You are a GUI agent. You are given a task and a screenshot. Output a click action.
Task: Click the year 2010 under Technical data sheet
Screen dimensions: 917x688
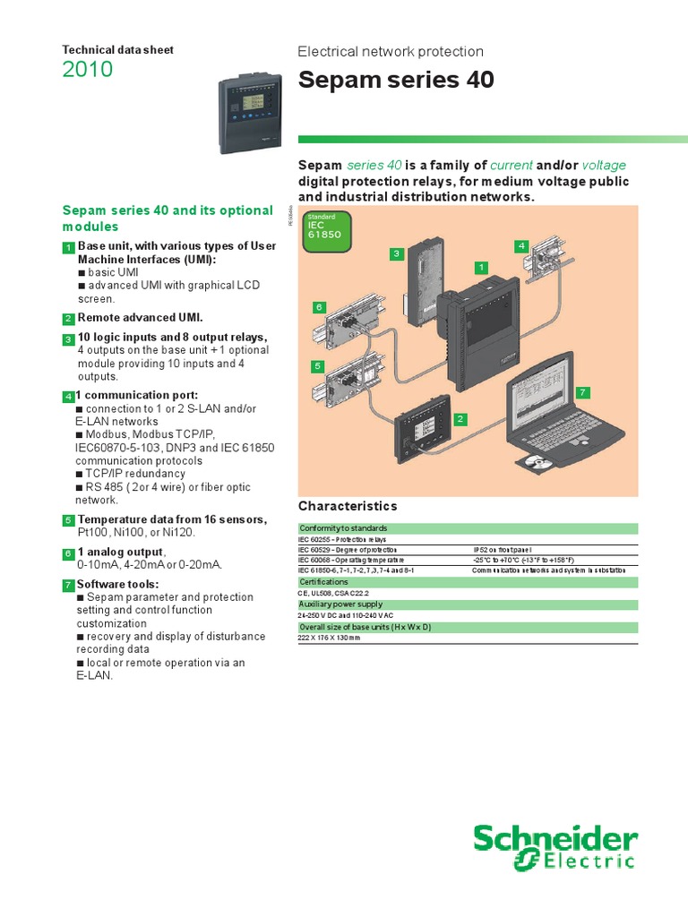click(x=88, y=70)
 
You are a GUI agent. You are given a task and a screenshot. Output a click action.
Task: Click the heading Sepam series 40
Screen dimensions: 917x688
click(x=395, y=81)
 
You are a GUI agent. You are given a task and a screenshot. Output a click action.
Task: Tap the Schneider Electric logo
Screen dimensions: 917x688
click(x=555, y=849)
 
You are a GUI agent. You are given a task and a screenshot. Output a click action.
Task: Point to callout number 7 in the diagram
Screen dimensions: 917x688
click(x=582, y=392)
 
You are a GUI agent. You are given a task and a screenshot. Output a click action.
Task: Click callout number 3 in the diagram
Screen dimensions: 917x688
click(x=395, y=255)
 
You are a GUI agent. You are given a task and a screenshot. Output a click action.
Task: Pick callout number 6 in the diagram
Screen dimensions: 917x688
click(x=317, y=307)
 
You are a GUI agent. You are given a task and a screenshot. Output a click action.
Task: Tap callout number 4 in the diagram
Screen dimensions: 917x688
click(x=521, y=245)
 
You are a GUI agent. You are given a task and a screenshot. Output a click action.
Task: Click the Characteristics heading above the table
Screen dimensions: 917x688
click(x=347, y=507)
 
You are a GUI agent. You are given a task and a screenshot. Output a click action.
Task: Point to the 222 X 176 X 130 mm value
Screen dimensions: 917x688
click(x=330, y=638)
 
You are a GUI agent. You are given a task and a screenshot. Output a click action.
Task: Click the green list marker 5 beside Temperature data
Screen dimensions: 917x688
click(x=68, y=520)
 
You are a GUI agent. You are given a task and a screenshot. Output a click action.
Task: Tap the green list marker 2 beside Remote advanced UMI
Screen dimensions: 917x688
click(x=68, y=319)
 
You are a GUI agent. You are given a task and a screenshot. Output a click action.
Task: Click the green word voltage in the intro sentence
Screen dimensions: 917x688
click(x=604, y=165)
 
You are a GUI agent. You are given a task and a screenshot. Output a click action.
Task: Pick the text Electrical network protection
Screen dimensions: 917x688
click(x=391, y=52)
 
